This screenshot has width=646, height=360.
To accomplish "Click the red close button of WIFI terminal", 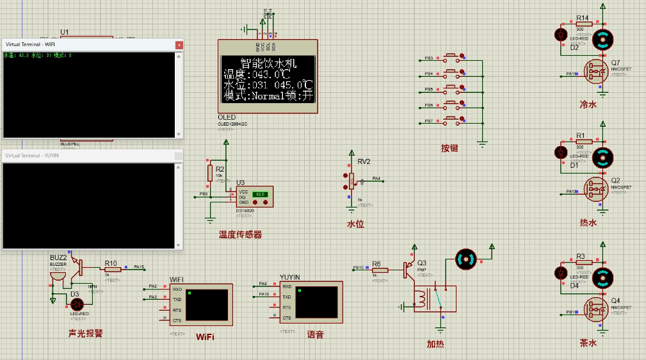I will (179, 45).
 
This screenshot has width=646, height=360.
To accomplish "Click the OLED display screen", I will (268, 79).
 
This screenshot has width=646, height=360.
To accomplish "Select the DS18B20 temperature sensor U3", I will (254, 197).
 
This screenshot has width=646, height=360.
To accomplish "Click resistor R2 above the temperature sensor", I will (210, 172).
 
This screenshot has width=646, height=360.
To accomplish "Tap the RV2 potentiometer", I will (351, 181).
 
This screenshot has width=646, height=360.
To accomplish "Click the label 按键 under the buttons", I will (449, 148).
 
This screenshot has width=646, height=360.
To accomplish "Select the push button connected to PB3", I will (451, 57).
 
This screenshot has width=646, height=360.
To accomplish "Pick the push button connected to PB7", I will (451, 120).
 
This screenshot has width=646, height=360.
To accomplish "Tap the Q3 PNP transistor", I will (407, 269).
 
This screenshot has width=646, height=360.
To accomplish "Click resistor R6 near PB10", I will (380, 270).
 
